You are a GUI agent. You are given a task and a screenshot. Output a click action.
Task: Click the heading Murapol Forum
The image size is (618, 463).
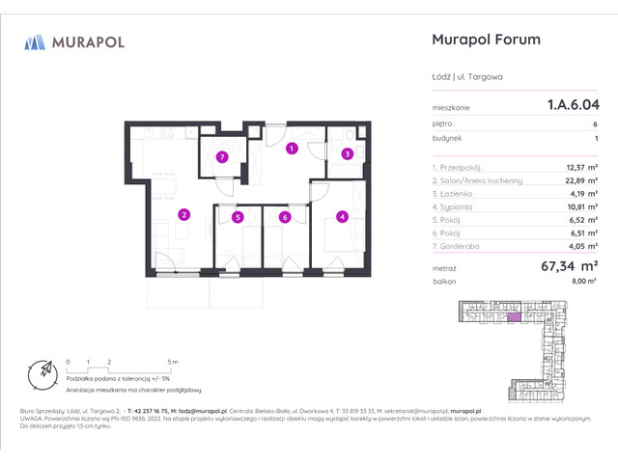(484, 40)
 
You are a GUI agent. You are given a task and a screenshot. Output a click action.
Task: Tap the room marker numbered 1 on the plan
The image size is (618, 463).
(290, 148)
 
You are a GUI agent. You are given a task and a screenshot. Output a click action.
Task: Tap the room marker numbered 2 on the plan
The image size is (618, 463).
(183, 214)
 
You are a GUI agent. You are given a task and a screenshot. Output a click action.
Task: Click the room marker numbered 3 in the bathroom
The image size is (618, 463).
(348, 152)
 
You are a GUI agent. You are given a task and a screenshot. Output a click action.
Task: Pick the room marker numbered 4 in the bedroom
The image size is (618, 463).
(342, 217)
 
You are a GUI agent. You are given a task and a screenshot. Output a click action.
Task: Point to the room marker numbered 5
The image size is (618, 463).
(237, 217)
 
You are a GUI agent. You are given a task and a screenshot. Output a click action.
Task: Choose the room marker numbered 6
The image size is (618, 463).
(285, 217)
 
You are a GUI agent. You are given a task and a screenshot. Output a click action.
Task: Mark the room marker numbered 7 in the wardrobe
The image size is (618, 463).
(222, 157)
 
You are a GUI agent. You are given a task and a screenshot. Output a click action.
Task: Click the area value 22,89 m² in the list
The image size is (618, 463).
(576, 180)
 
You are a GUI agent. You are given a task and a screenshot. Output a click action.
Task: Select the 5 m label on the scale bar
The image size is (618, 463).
(172, 361)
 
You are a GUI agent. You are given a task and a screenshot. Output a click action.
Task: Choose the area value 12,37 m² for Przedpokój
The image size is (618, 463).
(576, 167)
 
